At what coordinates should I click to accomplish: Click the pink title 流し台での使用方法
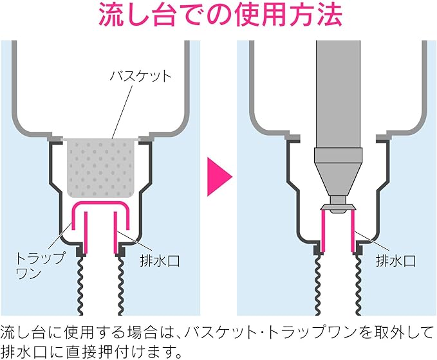click(x=219, y=16)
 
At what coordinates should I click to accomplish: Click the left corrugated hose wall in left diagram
click(x=80, y=283)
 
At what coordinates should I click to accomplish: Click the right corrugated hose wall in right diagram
click(x=356, y=283)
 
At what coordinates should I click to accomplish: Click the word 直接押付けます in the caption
click(x=113, y=351)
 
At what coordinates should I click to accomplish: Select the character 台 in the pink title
click(x=169, y=16)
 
